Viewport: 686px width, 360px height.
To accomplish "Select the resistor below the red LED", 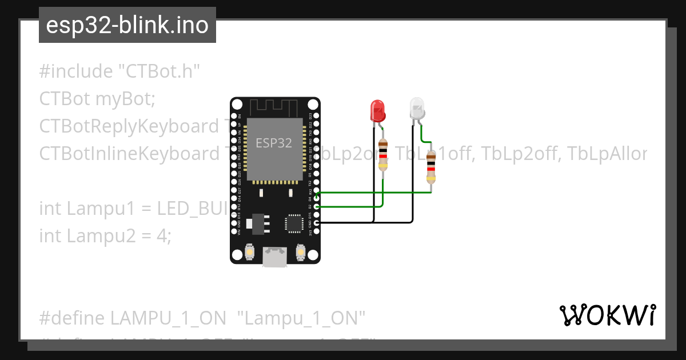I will coord(383,155).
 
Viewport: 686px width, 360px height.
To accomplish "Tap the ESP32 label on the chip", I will coord(274,143).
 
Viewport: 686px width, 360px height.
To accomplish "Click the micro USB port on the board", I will coord(274,257).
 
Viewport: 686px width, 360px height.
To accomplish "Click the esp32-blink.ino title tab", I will coord(127,25).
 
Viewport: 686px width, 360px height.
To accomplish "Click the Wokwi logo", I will coord(607,315).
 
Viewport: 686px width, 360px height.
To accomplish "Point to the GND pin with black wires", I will coord(316,222).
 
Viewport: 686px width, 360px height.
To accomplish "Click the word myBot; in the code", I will coord(125,99).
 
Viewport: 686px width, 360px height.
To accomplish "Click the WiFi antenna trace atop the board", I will coord(274,107).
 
